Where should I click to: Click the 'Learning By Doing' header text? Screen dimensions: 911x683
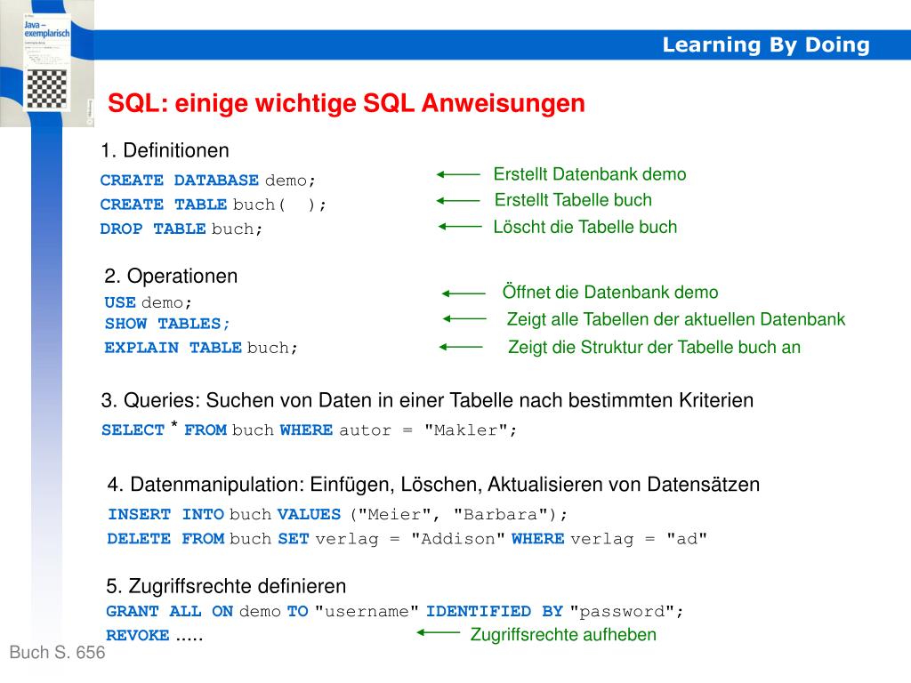pyautogui.click(x=765, y=45)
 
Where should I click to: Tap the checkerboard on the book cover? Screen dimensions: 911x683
pyautogui.click(x=51, y=89)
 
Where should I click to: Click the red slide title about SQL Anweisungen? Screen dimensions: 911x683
pyautogui.click(x=346, y=104)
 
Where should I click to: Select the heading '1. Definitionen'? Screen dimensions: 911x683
pyautogui.click(x=165, y=150)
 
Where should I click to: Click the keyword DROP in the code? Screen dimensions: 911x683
pyautogui.click(x=121, y=229)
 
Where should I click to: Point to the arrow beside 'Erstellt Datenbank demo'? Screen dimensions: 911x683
pyautogui.click(x=458, y=175)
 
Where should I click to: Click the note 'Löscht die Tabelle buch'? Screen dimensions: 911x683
pyautogui.click(x=584, y=227)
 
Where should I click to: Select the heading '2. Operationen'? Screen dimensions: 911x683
pyautogui.click(x=171, y=276)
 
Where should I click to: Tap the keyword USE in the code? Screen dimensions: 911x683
pyautogui.click(x=119, y=302)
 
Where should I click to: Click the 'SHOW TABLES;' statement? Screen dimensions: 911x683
pyautogui.click(x=167, y=324)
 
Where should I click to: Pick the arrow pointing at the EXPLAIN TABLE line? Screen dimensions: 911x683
pyautogui.click(x=461, y=347)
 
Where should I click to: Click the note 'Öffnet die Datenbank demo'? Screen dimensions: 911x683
pyautogui.click(x=609, y=293)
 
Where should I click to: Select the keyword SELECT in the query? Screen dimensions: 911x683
pyautogui.click(x=133, y=430)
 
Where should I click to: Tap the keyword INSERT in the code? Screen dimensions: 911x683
pyautogui.click(x=139, y=514)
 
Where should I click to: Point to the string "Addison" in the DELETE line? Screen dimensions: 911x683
pyautogui.click(x=458, y=538)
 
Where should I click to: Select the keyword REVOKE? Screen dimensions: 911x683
pyautogui.click(x=137, y=635)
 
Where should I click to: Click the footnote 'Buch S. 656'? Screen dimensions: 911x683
pyautogui.click(x=57, y=653)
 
